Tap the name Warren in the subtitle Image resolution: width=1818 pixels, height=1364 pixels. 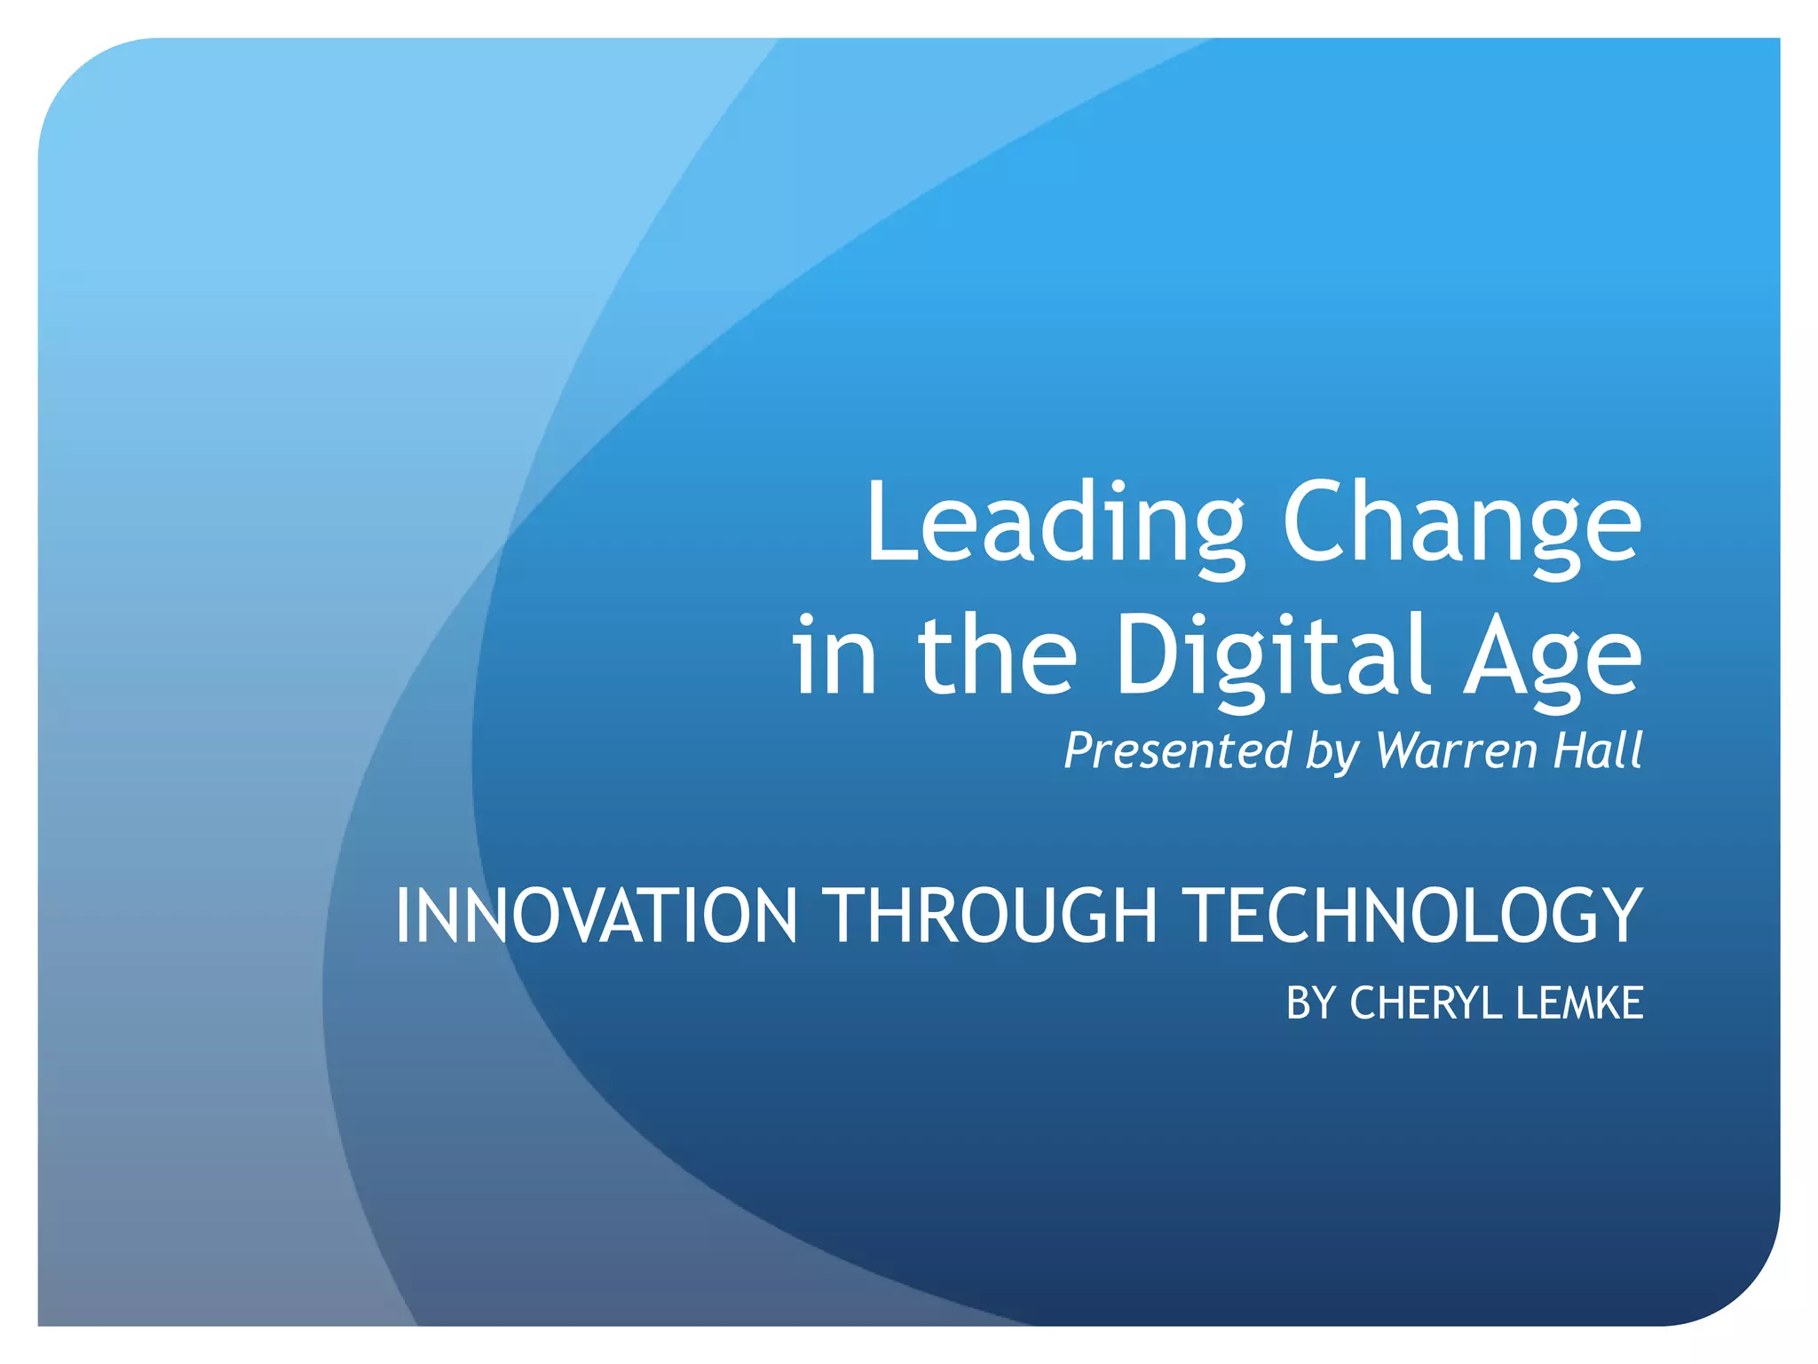pyautogui.click(x=1457, y=750)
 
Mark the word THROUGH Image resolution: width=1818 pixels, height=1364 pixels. pyautogui.click(x=992, y=916)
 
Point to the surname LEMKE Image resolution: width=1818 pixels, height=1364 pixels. pyautogui.click(x=1579, y=1003)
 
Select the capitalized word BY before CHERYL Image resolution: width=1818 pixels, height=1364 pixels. pyautogui.click(x=1312, y=1003)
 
